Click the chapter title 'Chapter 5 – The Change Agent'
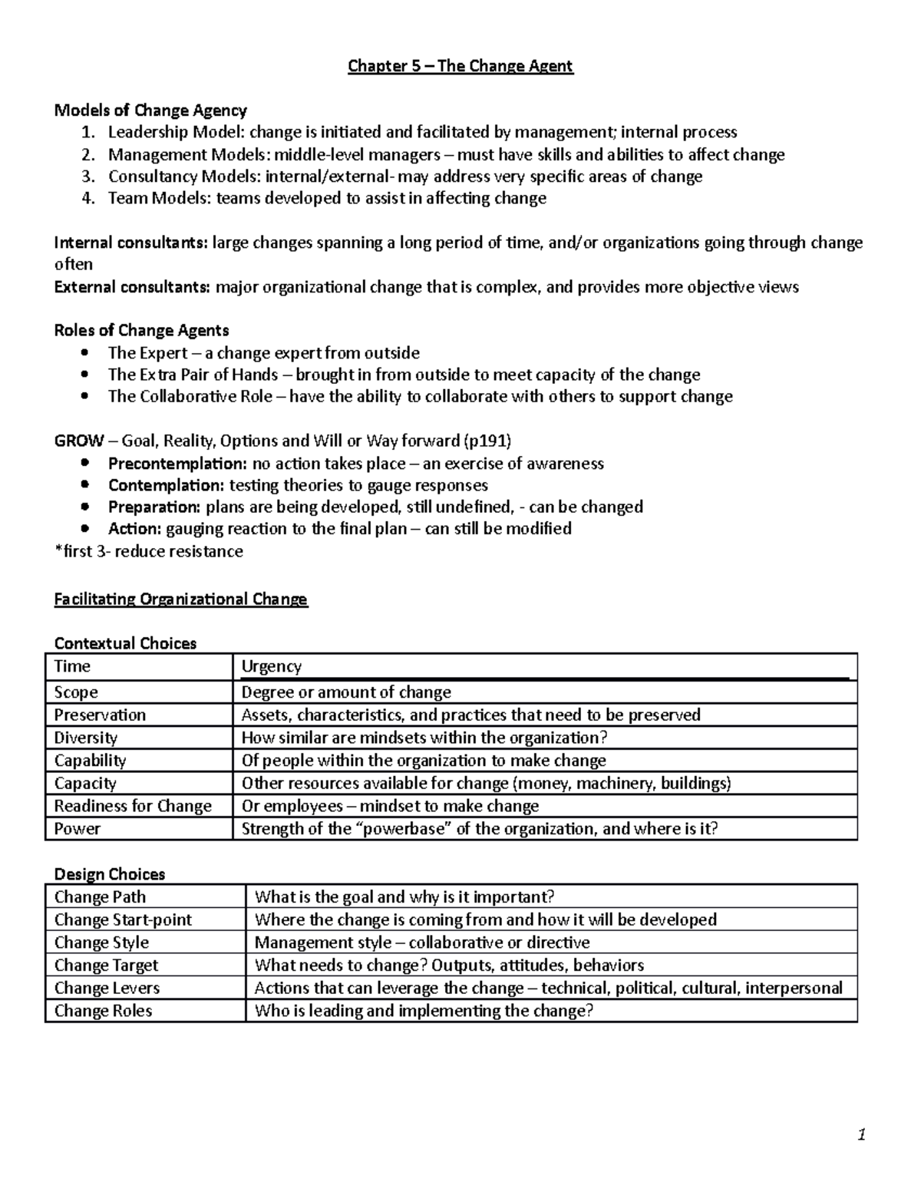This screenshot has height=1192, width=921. click(x=460, y=66)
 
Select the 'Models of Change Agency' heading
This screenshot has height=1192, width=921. click(x=150, y=111)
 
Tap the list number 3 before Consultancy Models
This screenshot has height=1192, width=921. click(x=87, y=177)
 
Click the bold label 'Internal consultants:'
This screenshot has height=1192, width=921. click(x=130, y=243)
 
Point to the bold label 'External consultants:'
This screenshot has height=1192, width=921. click(x=132, y=287)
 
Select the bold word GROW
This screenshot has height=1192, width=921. click(x=79, y=441)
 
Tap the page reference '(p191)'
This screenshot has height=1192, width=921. click(x=487, y=441)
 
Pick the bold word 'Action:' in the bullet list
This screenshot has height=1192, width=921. click(x=134, y=529)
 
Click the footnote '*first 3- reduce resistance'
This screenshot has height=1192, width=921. click(x=148, y=551)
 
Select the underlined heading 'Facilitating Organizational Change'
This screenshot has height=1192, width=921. click(x=180, y=599)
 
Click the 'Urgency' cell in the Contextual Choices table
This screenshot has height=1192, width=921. click(x=272, y=666)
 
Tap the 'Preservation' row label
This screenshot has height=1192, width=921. click(x=100, y=715)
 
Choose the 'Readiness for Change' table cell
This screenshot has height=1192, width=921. click(x=133, y=806)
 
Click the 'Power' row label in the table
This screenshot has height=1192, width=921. click(x=77, y=829)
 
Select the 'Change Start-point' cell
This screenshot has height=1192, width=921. click(x=123, y=920)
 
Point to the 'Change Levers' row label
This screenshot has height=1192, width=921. click(x=107, y=988)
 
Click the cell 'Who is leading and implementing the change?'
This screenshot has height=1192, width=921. click(x=424, y=1011)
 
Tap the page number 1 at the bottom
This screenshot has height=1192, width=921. click(x=862, y=1135)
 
